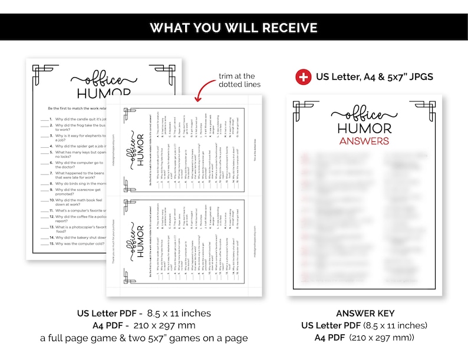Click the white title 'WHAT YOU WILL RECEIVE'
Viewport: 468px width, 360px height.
233,28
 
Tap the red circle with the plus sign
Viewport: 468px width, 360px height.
303,77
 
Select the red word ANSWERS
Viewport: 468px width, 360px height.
364,141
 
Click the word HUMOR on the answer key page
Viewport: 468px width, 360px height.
364,128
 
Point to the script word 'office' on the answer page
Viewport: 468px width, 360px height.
364,114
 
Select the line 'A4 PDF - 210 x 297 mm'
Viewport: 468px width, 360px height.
144,325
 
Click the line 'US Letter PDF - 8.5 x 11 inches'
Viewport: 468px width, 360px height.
144,313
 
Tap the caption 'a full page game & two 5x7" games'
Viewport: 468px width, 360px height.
144,338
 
